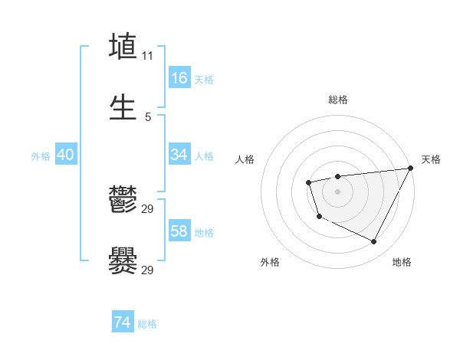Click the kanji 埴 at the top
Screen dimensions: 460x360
(x=123, y=47)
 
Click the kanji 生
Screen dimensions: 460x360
(x=123, y=106)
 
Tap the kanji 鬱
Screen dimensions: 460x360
(x=123, y=200)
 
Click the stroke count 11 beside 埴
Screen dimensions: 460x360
(x=148, y=56)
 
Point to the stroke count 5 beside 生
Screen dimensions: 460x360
(x=148, y=116)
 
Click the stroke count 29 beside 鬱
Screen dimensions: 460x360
(x=148, y=209)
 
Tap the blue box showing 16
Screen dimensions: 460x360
(x=179, y=78)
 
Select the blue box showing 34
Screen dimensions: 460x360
(x=179, y=155)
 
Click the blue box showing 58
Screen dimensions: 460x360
(x=179, y=231)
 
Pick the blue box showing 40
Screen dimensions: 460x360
(x=66, y=155)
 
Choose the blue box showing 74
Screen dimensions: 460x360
(x=123, y=322)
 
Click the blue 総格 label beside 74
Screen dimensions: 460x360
(x=147, y=324)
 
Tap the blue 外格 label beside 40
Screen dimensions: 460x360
(x=41, y=156)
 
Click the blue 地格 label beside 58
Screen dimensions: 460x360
(x=204, y=233)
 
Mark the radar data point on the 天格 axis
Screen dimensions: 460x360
(x=410, y=169)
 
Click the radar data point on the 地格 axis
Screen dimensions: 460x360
(x=374, y=242)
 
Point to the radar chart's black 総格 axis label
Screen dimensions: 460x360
(x=337, y=100)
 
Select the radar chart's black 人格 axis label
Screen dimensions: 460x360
(x=245, y=159)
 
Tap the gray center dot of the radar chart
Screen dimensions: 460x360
(x=337, y=191)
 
